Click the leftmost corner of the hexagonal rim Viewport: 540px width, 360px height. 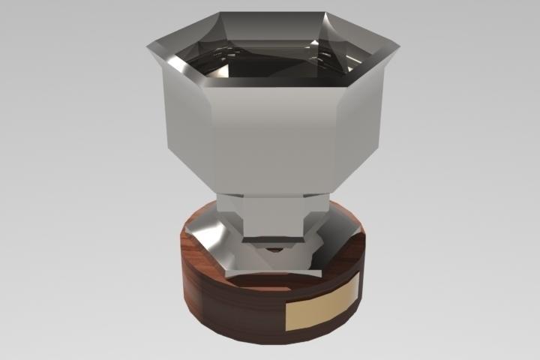click(148, 47)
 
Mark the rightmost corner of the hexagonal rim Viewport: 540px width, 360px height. click(399, 47)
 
